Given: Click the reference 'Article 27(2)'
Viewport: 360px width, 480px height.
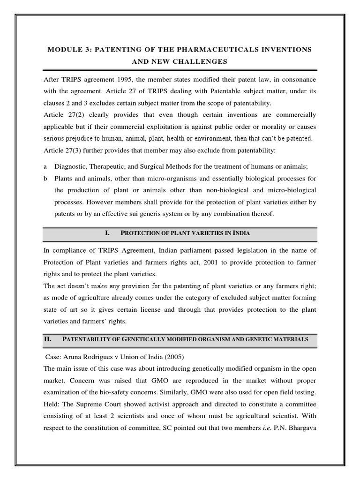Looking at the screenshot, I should point(62,115).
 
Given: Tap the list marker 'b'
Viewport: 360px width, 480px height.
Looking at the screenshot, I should point(45,179).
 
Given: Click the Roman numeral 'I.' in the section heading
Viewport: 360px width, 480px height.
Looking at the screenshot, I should point(108,233).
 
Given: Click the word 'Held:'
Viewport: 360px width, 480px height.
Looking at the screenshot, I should point(52,404).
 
